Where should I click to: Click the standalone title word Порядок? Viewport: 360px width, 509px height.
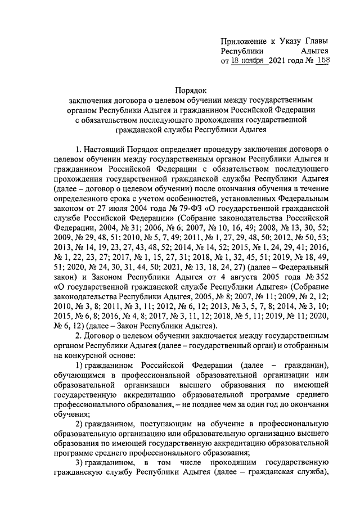click(x=191, y=89)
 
